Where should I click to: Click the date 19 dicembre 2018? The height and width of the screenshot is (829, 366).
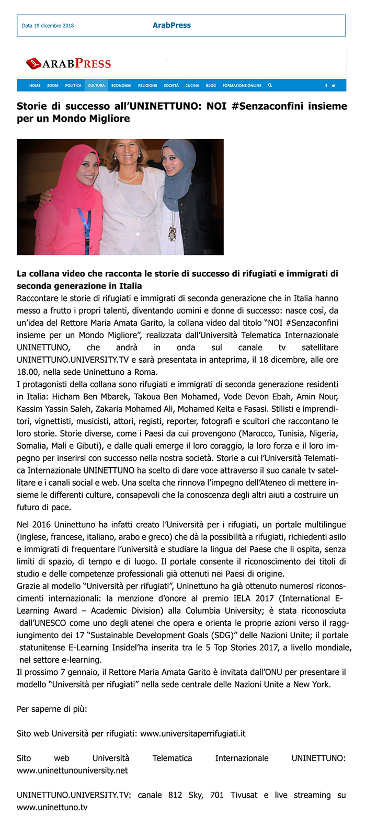tap(48, 26)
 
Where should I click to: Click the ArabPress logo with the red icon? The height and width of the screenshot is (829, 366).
tap(68, 64)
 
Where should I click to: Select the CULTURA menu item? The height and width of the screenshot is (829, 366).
tap(96, 85)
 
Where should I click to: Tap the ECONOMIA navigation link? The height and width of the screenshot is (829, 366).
tap(121, 85)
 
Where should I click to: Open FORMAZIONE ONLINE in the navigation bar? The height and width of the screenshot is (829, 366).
tap(242, 85)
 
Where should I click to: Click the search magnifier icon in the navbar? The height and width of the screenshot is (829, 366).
tap(270, 85)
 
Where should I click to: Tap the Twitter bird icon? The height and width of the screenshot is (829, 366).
tap(334, 85)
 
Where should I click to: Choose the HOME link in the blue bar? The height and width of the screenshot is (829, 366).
tap(35, 85)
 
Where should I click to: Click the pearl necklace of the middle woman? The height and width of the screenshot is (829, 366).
tap(128, 178)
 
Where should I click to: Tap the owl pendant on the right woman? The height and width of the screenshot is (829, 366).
tap(171, 234)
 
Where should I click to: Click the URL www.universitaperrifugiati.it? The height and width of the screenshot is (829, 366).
tap(193, 733)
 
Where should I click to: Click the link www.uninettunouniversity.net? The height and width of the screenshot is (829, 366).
tap(72, 770)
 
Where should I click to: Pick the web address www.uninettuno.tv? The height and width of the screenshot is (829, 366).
tap(52, 807)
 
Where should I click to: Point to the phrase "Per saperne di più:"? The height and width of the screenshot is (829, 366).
tap(52, 709)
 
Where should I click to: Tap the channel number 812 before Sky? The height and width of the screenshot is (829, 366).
tap(175, 795)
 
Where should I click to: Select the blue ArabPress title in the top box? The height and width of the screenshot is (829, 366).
tap(171, 25)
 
